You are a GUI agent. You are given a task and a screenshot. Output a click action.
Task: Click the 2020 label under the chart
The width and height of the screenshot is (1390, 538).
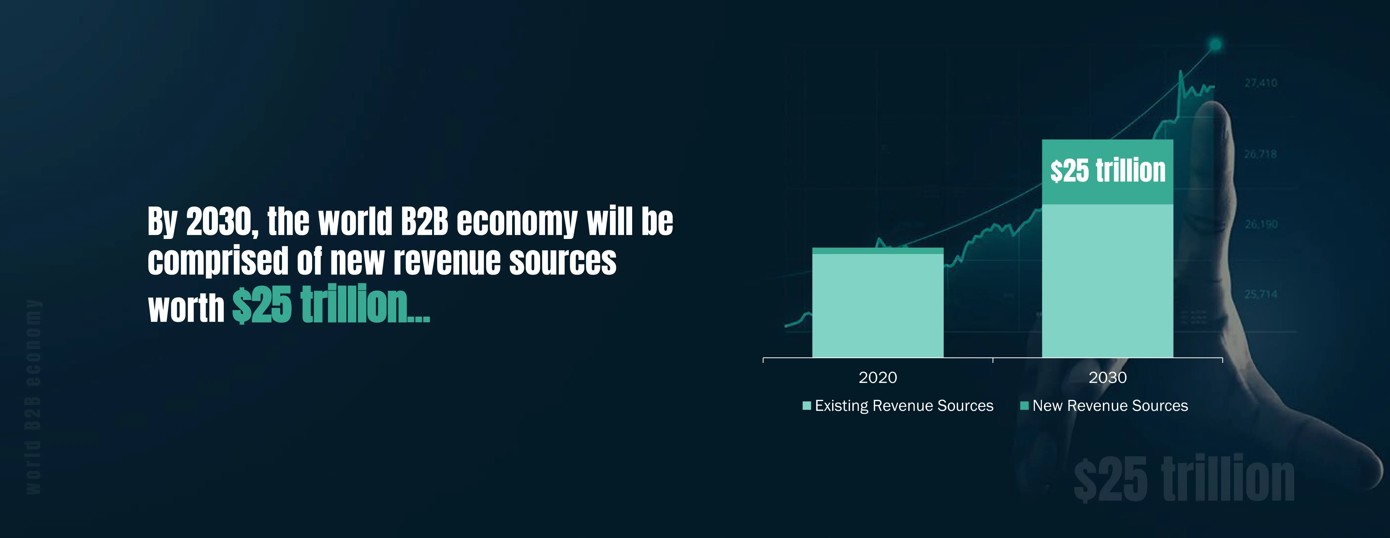877,377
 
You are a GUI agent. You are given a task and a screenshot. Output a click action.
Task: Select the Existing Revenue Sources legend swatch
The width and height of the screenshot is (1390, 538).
807,406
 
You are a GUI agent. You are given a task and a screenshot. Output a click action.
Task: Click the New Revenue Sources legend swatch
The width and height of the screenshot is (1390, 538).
1024,406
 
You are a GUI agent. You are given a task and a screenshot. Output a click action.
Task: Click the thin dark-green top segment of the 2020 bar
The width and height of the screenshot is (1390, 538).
877,250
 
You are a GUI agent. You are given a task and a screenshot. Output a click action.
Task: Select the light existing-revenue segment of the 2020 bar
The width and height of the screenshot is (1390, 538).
877,305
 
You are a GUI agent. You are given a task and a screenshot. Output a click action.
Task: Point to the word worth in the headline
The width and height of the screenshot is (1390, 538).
186,308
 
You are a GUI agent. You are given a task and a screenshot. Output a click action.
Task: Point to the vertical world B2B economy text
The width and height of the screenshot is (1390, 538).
33,397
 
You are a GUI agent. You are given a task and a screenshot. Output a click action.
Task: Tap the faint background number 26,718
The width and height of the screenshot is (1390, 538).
1260,154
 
